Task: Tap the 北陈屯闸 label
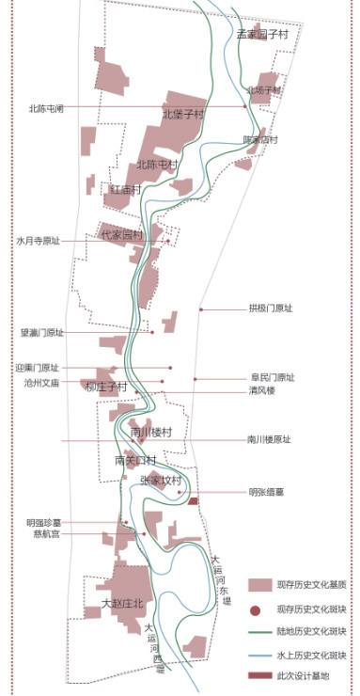tap(46, 108)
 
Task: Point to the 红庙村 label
tap(125, 189)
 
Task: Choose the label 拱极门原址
tap(271, 308)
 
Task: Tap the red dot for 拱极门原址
tap(201, 309)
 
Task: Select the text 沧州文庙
tap(42, 383)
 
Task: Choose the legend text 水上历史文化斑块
tap(312, 655)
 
